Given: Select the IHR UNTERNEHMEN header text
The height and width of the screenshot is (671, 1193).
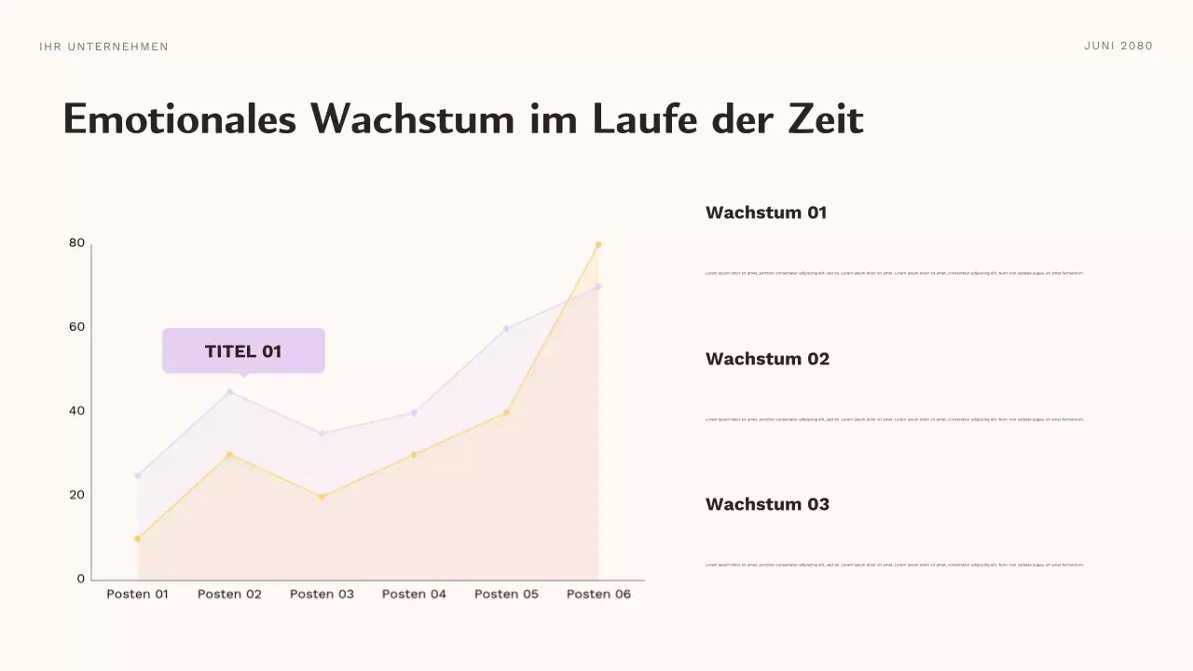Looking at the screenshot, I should [x=104, y=47].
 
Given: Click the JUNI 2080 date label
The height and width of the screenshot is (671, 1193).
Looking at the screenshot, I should [x=1118, y=46].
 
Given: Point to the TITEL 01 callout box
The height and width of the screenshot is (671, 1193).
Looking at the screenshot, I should [x=243, y=351].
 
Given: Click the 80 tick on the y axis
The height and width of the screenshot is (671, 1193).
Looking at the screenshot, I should [x=76, y=243].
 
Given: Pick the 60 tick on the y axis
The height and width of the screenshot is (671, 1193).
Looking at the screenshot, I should [x=76, y=327].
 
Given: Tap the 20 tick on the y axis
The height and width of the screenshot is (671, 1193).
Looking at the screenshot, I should [x=76, y=495].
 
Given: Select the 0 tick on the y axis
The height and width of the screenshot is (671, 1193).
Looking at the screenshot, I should [x=80, y=579].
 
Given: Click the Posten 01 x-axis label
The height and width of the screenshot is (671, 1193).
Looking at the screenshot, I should [x=137, y=595].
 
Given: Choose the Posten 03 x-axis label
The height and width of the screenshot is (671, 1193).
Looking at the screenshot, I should [x=322, y=595].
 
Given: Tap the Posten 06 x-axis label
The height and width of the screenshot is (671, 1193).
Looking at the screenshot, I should [x=598, y=595].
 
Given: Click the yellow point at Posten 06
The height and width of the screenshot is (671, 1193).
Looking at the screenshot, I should [x=598, y=245].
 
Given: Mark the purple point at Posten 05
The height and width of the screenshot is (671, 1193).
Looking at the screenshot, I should [x=506, y=329].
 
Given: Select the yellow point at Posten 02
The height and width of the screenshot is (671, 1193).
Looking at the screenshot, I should [x=229, y=455].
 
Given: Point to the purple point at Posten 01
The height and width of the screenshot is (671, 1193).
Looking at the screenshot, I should [x=138, y=475].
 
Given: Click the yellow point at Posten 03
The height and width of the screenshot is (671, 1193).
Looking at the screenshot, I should [x=322, y=497].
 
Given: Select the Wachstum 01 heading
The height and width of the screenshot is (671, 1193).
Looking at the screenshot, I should [x=766, y=212].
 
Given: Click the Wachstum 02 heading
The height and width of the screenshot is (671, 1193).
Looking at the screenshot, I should [x=767, y=359].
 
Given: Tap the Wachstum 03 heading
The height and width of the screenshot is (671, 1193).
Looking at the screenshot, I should [x=767, y=504].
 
